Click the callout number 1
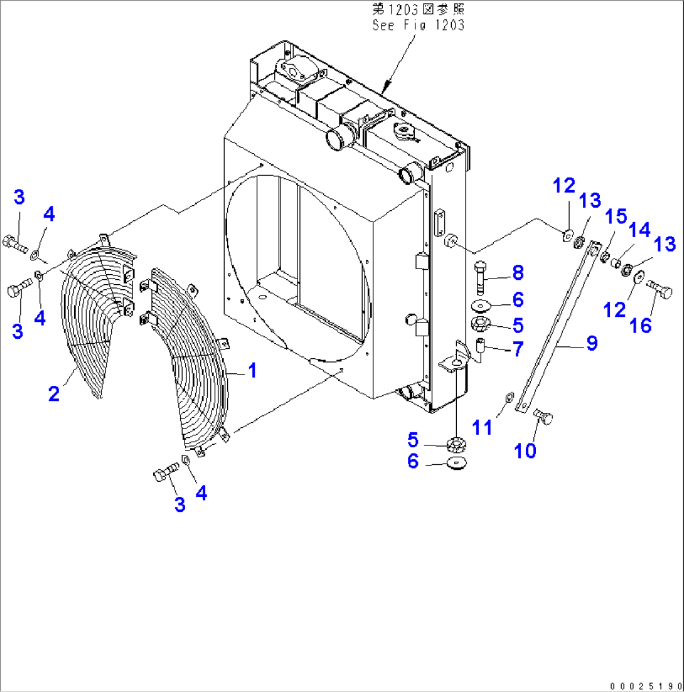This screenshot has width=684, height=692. click(251, 371)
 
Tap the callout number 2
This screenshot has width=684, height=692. click(54, 393)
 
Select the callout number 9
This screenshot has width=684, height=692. click(591, 343)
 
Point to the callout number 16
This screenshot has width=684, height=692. click(641, 325)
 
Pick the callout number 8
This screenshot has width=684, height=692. click(517, 273)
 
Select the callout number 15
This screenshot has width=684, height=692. click(616, 218)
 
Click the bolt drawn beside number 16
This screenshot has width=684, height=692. click(659, 287)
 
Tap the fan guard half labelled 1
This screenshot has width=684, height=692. click(198, 370)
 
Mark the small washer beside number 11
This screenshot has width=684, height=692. click(509, 395)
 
